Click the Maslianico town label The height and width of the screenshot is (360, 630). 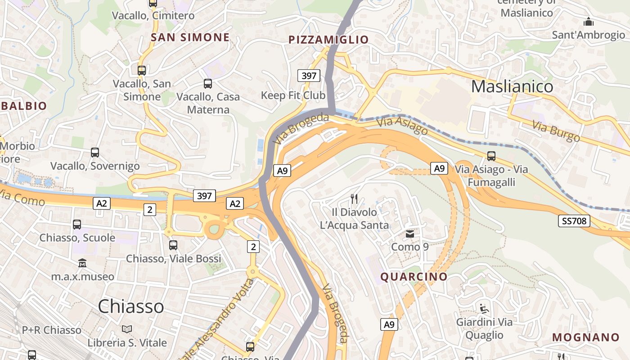[x=512, y=86]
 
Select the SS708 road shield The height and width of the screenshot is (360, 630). [x=574, y=221]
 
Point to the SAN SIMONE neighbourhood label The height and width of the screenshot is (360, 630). [x=190, y=37]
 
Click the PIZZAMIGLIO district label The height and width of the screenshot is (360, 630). [x=328, y=40]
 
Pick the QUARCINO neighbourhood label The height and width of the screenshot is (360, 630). [x=414, y=276]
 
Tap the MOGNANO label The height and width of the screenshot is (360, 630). [x=586, y=337]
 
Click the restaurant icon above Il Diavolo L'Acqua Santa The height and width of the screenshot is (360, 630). [x=354, y=198]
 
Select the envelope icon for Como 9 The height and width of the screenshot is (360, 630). [x=410, y=234]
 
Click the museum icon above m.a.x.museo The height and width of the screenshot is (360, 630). [x=82, y=263]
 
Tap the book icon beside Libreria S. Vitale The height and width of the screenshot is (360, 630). [x=127, y=329]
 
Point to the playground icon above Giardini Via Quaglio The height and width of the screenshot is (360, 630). [x=484, y=309]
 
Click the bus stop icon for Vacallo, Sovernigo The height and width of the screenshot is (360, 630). [x=95, y=152]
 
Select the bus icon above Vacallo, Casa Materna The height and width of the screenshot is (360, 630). [x=208, y=83]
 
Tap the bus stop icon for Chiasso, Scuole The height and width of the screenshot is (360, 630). [x=77, y=224]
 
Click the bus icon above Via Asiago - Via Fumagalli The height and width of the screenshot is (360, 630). [x=491, y=156]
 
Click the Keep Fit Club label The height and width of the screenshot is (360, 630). [x=293, y=95]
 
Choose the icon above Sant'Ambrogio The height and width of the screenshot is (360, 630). [x=588, y=22]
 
